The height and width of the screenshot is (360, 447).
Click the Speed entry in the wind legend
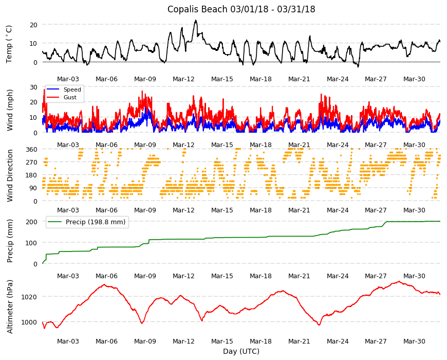pos(72,89)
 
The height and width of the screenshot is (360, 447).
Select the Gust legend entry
pos(70,97)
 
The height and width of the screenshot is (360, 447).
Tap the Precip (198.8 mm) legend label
pos(96,222)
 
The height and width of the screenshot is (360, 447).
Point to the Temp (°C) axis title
pos(9,44)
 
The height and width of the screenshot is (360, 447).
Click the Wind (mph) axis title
pos(10,110)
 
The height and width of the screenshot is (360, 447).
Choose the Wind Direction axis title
pos(10,176)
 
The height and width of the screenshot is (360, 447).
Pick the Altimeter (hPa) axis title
pos(10,307)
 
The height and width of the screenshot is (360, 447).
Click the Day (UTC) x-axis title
pos(241,351)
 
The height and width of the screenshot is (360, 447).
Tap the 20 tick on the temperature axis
pos(33,25)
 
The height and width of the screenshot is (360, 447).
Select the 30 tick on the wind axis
pos(33,87)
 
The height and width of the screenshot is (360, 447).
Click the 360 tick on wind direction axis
pos(32,149)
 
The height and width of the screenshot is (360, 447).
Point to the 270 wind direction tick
pos(32,163)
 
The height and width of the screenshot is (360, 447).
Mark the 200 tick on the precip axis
pos(32,222)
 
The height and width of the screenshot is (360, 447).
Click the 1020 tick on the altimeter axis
pos(29,297)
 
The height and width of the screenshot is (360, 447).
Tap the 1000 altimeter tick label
pos(29,322)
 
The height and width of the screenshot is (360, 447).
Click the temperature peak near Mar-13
pos(196,20)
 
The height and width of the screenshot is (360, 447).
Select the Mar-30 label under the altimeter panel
pos(414,341)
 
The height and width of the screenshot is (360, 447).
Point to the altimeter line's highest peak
pos(399,281)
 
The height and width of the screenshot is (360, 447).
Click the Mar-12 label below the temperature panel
pos(183,79)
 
